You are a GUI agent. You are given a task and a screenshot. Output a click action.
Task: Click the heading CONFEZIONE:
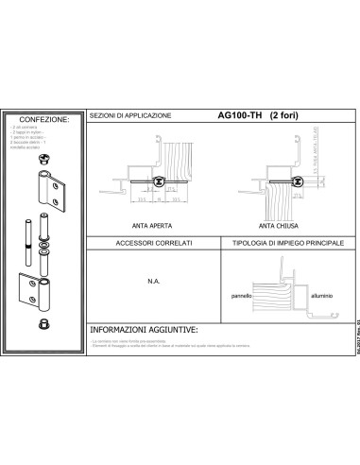pos(44,119)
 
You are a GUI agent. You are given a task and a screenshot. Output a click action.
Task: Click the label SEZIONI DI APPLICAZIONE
pos(130,115)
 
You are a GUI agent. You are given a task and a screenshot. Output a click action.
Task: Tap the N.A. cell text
pos(152,280)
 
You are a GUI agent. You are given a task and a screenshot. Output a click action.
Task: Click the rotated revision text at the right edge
pos(351,346)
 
